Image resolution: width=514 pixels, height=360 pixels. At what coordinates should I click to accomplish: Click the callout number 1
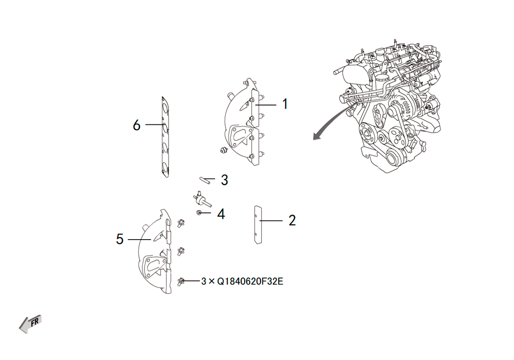285,104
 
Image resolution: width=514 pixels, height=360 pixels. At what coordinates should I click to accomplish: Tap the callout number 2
292,220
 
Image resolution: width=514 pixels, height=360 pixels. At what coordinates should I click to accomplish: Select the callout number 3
224,180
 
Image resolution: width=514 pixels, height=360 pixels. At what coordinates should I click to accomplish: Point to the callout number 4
221,214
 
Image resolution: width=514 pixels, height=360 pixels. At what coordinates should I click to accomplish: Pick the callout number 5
120,239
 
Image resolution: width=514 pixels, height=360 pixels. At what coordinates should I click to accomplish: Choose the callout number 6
137,125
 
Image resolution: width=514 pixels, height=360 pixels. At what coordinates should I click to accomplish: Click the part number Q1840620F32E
250,281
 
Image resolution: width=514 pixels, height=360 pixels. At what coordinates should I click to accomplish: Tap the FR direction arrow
30,324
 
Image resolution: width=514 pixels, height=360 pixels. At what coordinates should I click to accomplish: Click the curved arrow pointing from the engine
329,123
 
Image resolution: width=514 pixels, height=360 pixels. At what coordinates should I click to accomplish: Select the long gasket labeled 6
165,137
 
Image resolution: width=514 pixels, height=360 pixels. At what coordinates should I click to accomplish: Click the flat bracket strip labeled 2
258,225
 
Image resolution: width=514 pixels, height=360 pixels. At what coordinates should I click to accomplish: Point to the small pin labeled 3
204,180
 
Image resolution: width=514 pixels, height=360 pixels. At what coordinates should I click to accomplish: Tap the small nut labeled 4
198,213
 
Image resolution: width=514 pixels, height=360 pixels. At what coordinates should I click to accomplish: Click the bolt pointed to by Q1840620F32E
180,281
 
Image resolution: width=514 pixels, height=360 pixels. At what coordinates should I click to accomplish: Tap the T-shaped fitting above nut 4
201,199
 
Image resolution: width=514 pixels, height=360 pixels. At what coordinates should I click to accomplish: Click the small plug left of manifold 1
224,150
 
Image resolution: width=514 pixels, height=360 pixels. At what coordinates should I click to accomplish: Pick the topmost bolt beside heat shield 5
180,223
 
